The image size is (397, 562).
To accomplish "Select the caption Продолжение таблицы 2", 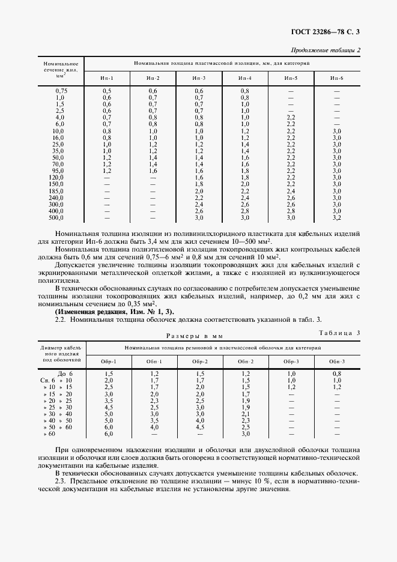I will [326, 50].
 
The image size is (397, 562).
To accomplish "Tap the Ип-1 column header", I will [106, 79].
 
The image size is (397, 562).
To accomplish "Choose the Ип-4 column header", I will [244, 79].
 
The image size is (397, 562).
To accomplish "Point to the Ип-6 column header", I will [336, 79].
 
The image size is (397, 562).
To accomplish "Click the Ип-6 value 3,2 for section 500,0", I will [336, 217].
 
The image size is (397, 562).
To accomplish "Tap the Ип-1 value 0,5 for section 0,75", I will [106, 91].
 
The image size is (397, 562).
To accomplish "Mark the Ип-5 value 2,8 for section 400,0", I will [291, 211].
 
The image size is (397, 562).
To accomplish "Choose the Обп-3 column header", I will [337, 361].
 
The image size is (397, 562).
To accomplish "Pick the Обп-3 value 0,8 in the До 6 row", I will [337, 373].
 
